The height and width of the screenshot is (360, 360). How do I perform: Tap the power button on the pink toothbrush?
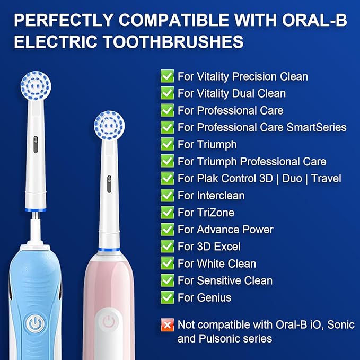[x=109, y=321]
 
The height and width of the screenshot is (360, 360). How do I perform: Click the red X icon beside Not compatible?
[x=168, y=324]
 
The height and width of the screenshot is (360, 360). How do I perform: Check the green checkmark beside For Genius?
[x=168, y=297]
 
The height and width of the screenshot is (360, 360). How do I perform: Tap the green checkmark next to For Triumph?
[x=168, y=144]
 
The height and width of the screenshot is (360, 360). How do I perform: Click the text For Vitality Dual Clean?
[x=232, y=93]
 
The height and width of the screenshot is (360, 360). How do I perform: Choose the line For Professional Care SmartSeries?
[x=262, y=127]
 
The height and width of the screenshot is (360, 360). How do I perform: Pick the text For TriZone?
[x=206, y=213]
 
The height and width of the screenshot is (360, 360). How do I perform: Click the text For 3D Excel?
[x=209, y=247]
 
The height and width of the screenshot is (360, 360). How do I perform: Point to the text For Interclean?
[x=211, y=196]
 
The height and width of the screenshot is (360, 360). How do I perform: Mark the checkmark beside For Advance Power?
[x=168, y=230]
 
